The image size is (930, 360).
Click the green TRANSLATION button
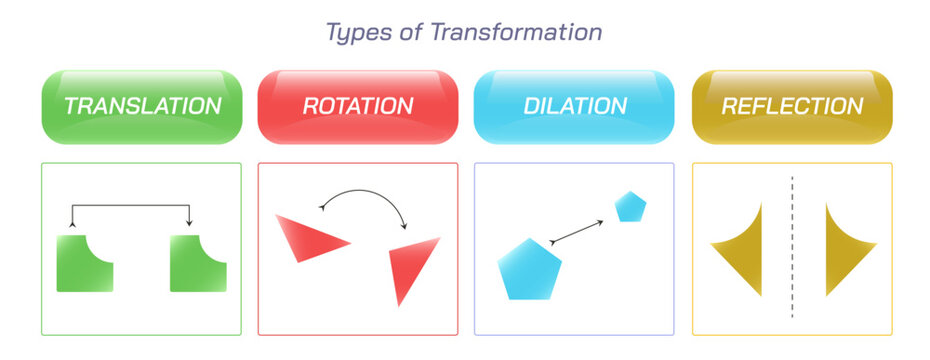(x=142, y=107)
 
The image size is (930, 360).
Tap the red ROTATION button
(x=358, y=107)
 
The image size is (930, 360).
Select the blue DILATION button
(x=574, y=107)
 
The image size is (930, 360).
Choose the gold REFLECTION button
(x=792, y=107)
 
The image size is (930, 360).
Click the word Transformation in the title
(x=516, y=32)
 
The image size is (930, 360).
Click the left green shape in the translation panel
(x=85, y=263)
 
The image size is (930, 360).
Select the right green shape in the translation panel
(x=198, y=263)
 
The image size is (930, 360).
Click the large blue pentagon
(x=529, y=270)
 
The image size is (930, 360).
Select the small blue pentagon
(x=630, y=207)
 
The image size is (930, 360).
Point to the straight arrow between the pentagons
(x=577, y=232)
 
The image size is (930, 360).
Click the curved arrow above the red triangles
(x=363, y=191)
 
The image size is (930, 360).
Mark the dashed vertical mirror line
(x=792, y=247)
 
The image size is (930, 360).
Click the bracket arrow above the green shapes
(x=130, y=205)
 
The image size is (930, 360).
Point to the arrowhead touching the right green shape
(x=189, y=224)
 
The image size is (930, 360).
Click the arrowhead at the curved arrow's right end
(x=405, y=226)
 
